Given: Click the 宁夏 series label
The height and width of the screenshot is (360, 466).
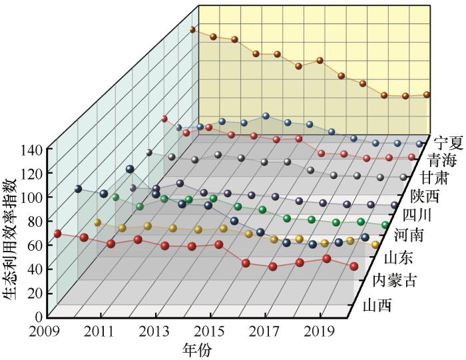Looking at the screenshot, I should point(447,142).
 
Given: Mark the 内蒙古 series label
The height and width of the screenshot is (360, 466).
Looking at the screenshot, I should point(395,280).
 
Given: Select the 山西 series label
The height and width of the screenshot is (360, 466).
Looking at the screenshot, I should point(377,305).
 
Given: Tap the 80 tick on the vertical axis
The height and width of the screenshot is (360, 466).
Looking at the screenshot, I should point(35,222).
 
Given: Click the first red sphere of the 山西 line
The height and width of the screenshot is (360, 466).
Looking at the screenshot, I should point(57,234).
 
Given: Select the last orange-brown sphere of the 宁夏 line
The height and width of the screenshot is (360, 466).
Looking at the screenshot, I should point(427,94).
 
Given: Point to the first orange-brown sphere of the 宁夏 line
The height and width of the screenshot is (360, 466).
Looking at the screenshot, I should point(192,30).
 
